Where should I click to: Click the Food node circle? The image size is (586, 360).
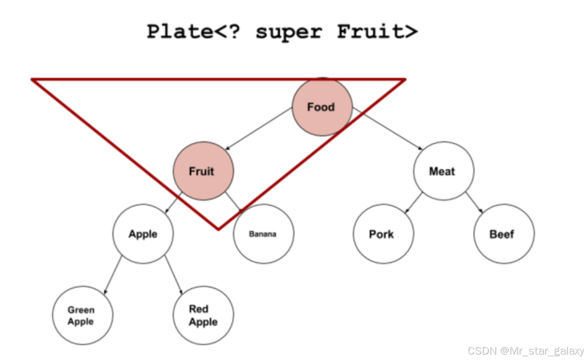point(322,107)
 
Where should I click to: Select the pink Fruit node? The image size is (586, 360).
point(203,171)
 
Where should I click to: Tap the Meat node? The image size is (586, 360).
point(443,171)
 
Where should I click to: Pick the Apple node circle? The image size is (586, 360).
point(143,234)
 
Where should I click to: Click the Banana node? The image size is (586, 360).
point(263,234)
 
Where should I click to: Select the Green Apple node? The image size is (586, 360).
point(82,315)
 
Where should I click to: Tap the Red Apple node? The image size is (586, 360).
point(203,315)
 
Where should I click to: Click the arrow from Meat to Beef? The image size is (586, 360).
point(474,203)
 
